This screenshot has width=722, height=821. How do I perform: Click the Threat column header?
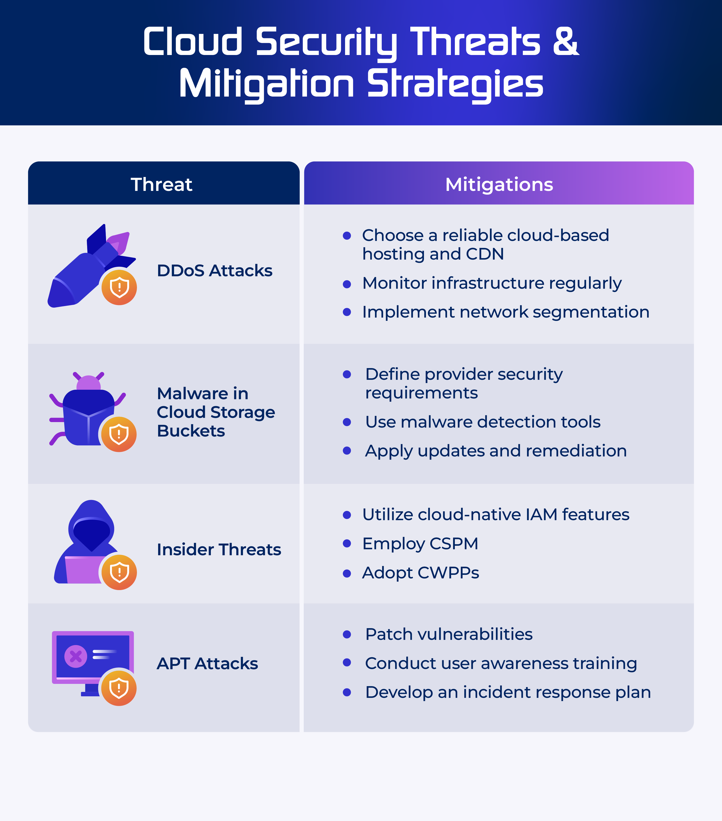point(162,184)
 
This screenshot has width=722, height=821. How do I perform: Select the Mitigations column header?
point(499,184)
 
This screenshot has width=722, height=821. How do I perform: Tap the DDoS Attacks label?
point(215,270)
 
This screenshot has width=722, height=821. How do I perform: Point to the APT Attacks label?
point(207,663)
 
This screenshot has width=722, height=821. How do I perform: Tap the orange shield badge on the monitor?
point(119,688)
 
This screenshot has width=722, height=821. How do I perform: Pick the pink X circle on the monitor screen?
point(75,656)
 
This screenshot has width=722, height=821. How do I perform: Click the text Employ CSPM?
point(420,544)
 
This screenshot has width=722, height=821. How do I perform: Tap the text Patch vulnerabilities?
point(449,634)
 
